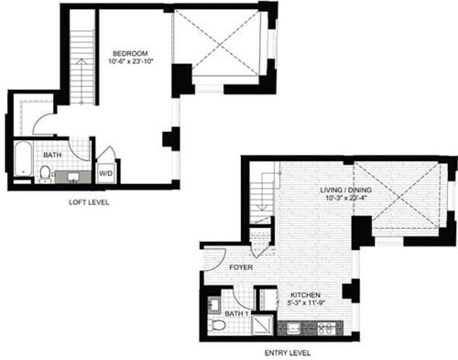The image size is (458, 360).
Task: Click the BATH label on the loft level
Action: tap(52, 155)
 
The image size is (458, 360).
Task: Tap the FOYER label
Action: tap(241, 268)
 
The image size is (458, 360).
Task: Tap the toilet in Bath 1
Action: tap(216, 325)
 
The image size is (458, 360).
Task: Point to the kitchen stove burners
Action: tap(327, 327)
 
